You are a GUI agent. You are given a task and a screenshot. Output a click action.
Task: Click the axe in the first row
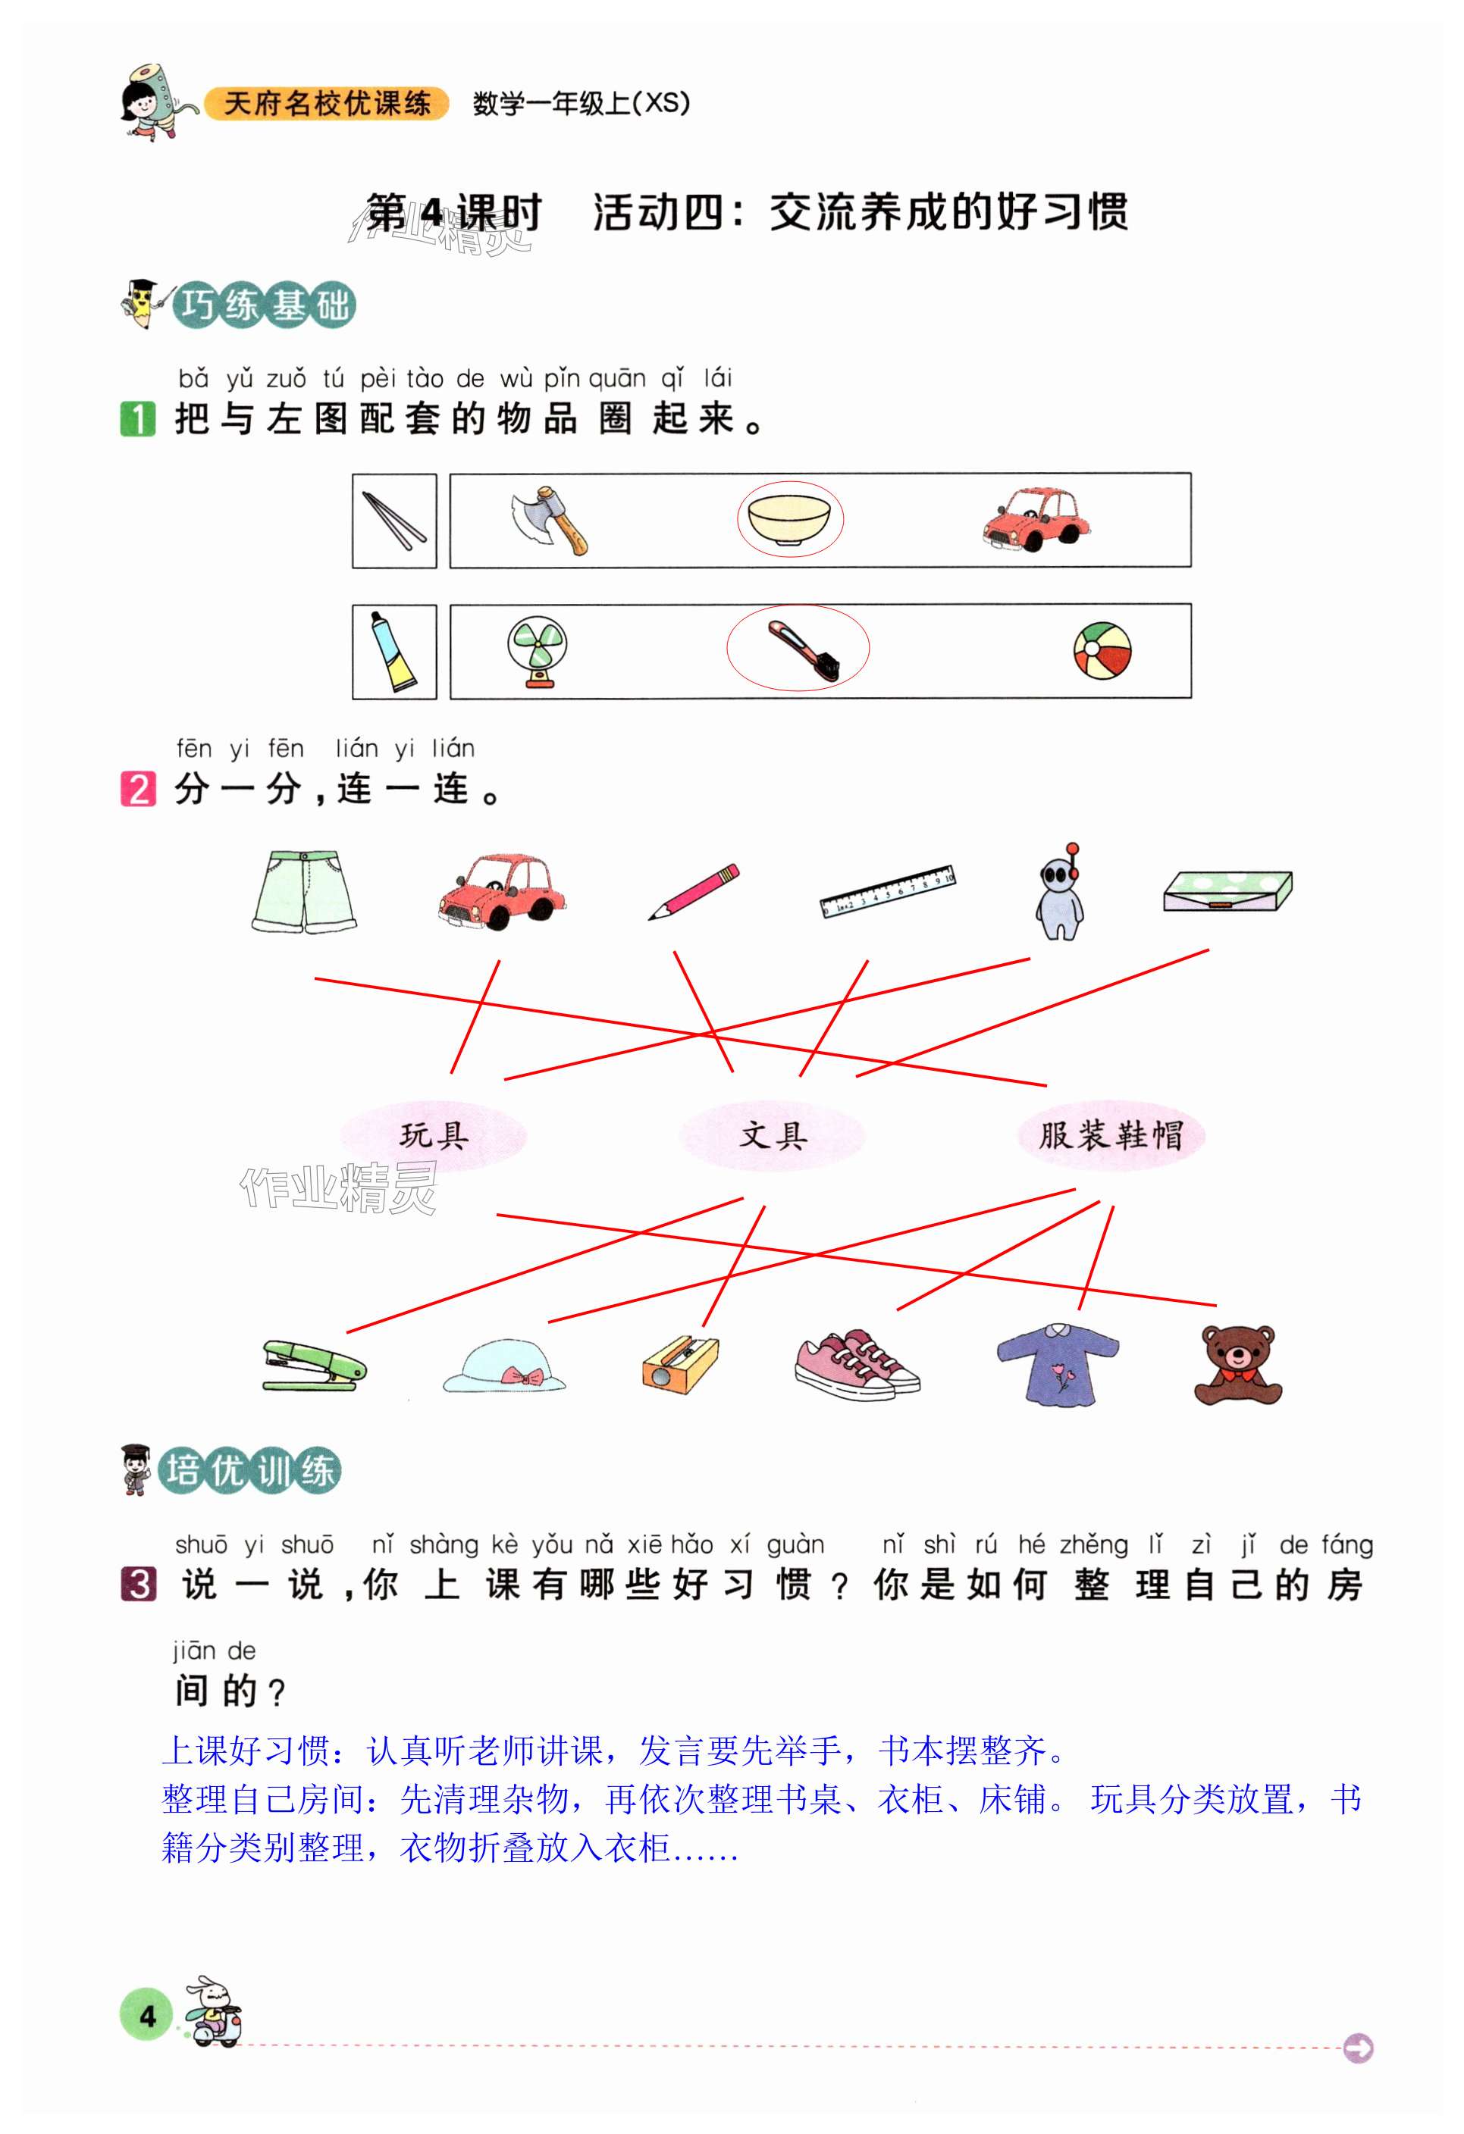pyautogui.click(x=549, y=520)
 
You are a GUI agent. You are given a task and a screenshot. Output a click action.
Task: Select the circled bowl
pyautogui.click(x=789, y=519)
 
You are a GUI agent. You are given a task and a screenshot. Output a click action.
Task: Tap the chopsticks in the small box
pyautogui.click(x=394, y=521)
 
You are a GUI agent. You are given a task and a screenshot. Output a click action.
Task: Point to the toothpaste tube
pyautogui.click(x=394, y=651)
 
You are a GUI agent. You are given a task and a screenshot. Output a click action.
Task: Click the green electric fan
pyautogui.click(x=538, y=651)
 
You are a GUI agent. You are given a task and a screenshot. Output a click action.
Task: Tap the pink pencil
pyautogui.click(x=694, y=890)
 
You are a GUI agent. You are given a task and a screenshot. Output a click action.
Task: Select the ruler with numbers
pyautogui.click(x=887, y=890)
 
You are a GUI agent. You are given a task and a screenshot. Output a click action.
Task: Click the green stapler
pyautogui.click(x=313, y=1366)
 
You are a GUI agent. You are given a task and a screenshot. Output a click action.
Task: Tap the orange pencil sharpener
pyautogui.click(x=679, y=1365)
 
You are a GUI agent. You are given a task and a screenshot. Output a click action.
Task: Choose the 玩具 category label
pyautogui.click(x=434, y=1136)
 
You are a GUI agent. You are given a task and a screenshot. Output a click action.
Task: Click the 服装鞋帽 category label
pyautogui.click(x=1111, y=1136)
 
